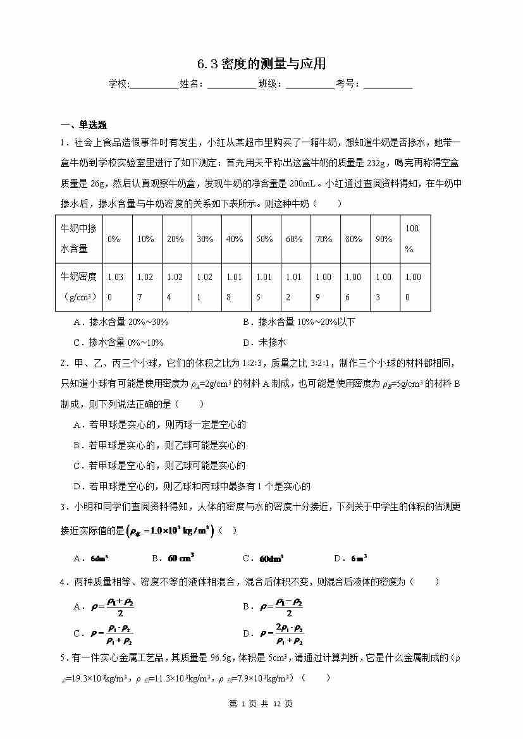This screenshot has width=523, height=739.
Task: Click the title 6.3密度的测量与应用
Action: point(261,64)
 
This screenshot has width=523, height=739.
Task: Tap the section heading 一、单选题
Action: point(83,125)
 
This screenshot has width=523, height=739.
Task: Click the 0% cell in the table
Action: point(114,239)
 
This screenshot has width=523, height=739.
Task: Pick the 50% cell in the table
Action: point(264,239)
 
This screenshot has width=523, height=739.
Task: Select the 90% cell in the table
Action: point(384,239)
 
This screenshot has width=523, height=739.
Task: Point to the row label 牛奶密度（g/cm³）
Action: point(78,286)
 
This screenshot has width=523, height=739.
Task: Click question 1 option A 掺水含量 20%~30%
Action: point(121,322)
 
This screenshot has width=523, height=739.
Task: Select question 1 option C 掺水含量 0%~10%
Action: point(118,342)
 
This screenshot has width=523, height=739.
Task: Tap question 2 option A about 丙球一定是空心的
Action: point(159,425)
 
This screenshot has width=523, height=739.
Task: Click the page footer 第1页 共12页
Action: point(261,703)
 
